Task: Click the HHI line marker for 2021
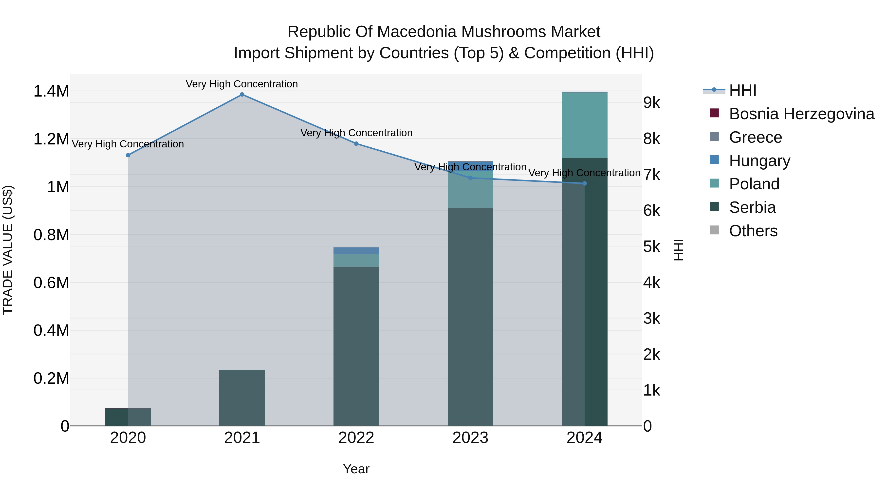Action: [x=242, y=95]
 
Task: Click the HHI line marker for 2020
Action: [x=128, y=155]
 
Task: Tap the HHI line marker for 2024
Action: [x=584, y=183]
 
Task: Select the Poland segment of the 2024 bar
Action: [x=584, y=125]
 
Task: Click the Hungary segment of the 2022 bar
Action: [x=356, y=251]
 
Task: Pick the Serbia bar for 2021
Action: [x=242, y=398]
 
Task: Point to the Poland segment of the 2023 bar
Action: [x=470, y=190]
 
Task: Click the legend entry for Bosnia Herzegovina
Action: [x=801, y=114]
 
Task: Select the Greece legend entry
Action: [x=755, y=137]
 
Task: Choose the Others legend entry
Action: [x=753, y=231]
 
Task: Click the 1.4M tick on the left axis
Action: [x=51, y=91]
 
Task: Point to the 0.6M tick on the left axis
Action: [x=51, y=283]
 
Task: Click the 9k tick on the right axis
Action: [x=651, y=103]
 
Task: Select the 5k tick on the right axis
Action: [x=651, y=247]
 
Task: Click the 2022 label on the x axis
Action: [x=356, y=438]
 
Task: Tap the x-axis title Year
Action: [x=356, y=469]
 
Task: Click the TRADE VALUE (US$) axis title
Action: [x=8, y=250]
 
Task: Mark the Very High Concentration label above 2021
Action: [x=242, y=84]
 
